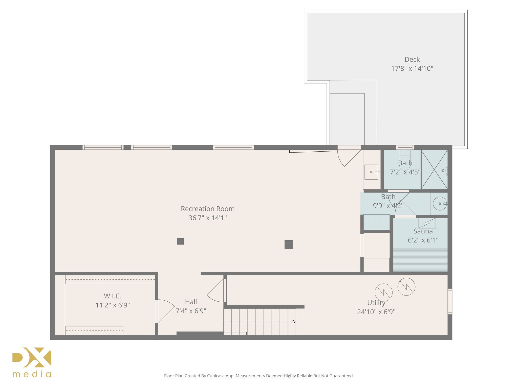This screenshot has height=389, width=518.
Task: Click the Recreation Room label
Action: pos(208,209)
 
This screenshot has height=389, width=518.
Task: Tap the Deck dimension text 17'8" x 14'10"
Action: pos(412,69)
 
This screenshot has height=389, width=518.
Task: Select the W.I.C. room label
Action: pos(113,296)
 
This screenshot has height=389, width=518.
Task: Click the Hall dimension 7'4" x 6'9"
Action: pos(191,311)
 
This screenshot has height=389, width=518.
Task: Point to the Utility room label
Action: pos(376,303)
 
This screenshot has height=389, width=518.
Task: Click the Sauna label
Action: pos(423,231)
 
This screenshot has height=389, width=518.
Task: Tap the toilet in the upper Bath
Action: pos(405,160)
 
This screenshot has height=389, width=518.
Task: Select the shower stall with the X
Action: pos(434,169)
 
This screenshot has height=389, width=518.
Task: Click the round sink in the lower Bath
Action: pos(440,204)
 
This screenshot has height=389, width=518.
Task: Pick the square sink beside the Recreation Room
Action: pos(371,172)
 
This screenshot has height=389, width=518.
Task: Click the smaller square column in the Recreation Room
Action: pos(180,241)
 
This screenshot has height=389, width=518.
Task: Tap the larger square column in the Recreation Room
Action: pos(289,245)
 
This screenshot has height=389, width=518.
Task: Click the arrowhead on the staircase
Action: pos(294,322)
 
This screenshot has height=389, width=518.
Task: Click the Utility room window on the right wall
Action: pos(450,301)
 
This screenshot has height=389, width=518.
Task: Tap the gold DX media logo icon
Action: pos(32,357)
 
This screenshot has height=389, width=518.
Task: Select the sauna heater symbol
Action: pos(427,223)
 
